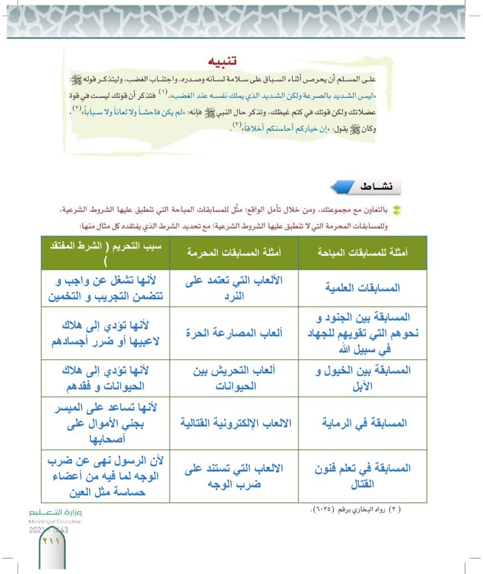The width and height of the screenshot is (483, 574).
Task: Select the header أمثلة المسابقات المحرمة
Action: (x=233, y=253)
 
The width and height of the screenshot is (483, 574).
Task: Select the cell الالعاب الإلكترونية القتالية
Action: (x=233, y=423)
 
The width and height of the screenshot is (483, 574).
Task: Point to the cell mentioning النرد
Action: (x=233, y=288)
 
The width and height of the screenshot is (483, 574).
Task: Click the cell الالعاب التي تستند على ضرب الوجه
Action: (x=233, y=475)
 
